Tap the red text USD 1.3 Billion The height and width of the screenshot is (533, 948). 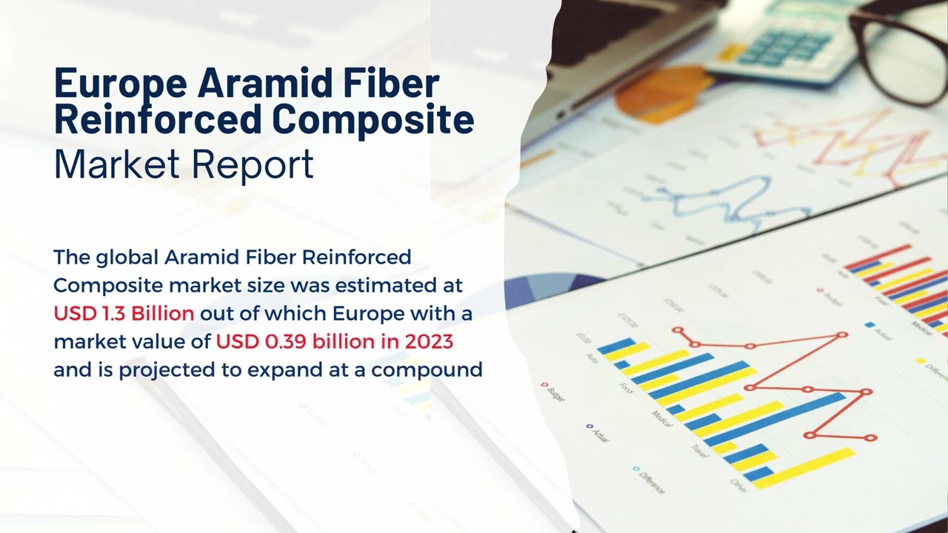124,313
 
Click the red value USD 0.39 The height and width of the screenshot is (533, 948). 261,341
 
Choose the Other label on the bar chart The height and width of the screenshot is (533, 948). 738,485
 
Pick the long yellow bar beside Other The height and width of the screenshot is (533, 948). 804,468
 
